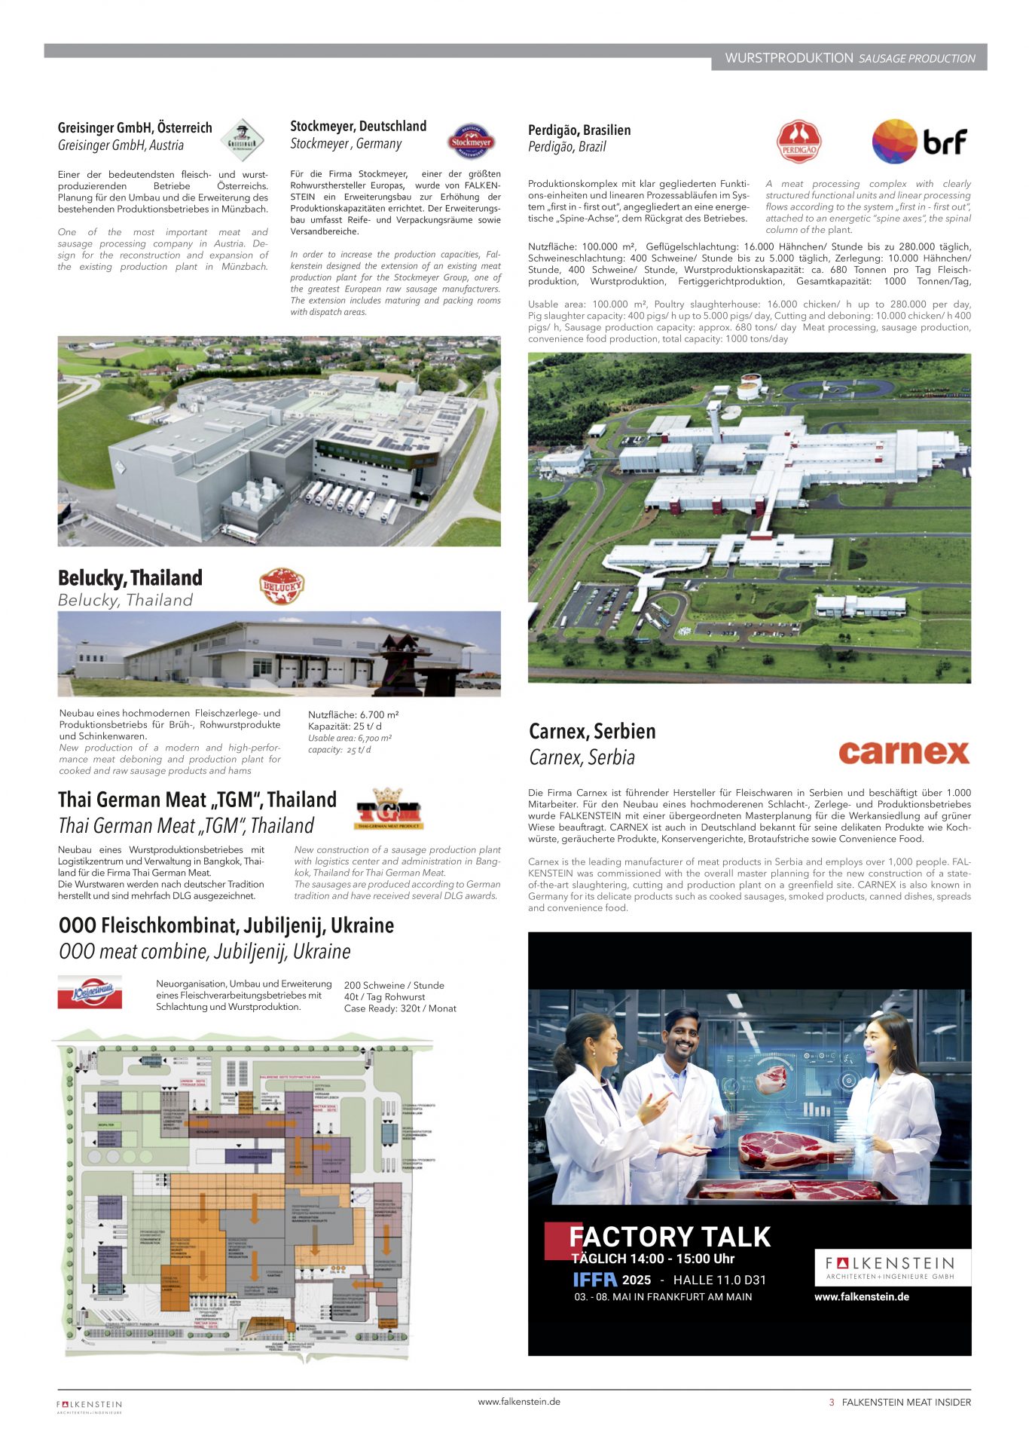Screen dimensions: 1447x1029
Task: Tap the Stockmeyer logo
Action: click(x=471, y=141)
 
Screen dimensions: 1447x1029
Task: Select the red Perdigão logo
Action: click(x=798, y=141)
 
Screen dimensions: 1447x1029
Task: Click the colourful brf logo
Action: click(x=919, y=141)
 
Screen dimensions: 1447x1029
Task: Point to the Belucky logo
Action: click(x=281, y=586)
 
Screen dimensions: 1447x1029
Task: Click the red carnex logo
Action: click(x=904, y=752)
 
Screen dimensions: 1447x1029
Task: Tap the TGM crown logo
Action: click(x=388, y=809)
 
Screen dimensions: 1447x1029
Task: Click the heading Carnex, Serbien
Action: click(x=592, y=731)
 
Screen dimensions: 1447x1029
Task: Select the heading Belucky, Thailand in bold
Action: click(x=130, y=578)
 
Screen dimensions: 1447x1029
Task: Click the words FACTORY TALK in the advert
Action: click(x=670, y=1237)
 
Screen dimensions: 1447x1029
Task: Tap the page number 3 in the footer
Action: click(x=832, y=1403)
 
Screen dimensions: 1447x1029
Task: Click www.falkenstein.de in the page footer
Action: click(x=519, y=1402)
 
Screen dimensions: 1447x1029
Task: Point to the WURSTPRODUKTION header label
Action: click(x=789, y=58)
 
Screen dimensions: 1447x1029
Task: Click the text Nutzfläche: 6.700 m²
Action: click(x=353, y=714)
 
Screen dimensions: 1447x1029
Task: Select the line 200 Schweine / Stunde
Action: click(x=394, y=985)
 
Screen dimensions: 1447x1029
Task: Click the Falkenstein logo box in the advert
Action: click(x=892, y=1268)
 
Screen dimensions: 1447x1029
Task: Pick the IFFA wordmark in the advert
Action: click(x=594, y=1280)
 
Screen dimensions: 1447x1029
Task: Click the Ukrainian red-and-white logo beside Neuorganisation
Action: click(x=90, y=992)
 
